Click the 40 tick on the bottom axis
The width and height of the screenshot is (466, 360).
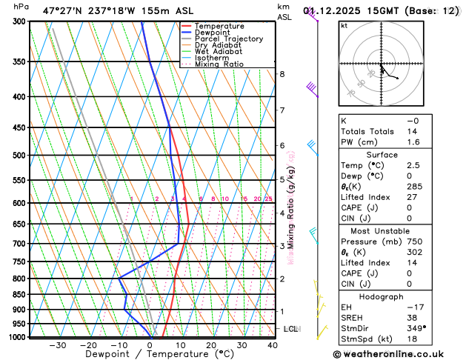[273, 345]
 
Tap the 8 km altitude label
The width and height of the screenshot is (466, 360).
[282, 74]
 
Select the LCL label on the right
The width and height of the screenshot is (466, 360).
[290, 329]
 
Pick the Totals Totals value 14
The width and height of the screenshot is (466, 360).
[412, 131]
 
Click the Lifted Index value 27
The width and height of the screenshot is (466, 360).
[412, 198]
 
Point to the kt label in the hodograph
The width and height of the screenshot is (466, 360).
[344, 25]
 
